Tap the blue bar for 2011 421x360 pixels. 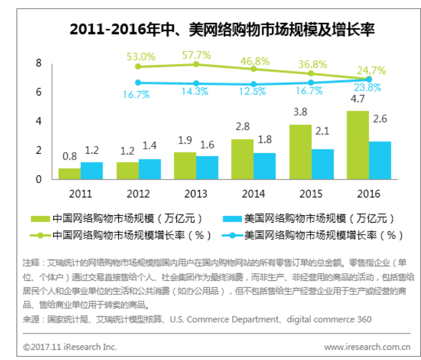[x=92, y=170]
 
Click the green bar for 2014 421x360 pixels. [x=242, y=159]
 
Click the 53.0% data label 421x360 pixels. [x=140, y=56]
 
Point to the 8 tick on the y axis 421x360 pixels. [x=39, y=63]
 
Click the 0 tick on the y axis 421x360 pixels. [x=39, y=179]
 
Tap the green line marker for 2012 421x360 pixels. [x=139, y=66]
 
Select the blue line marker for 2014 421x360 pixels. [x=253, y=84]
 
